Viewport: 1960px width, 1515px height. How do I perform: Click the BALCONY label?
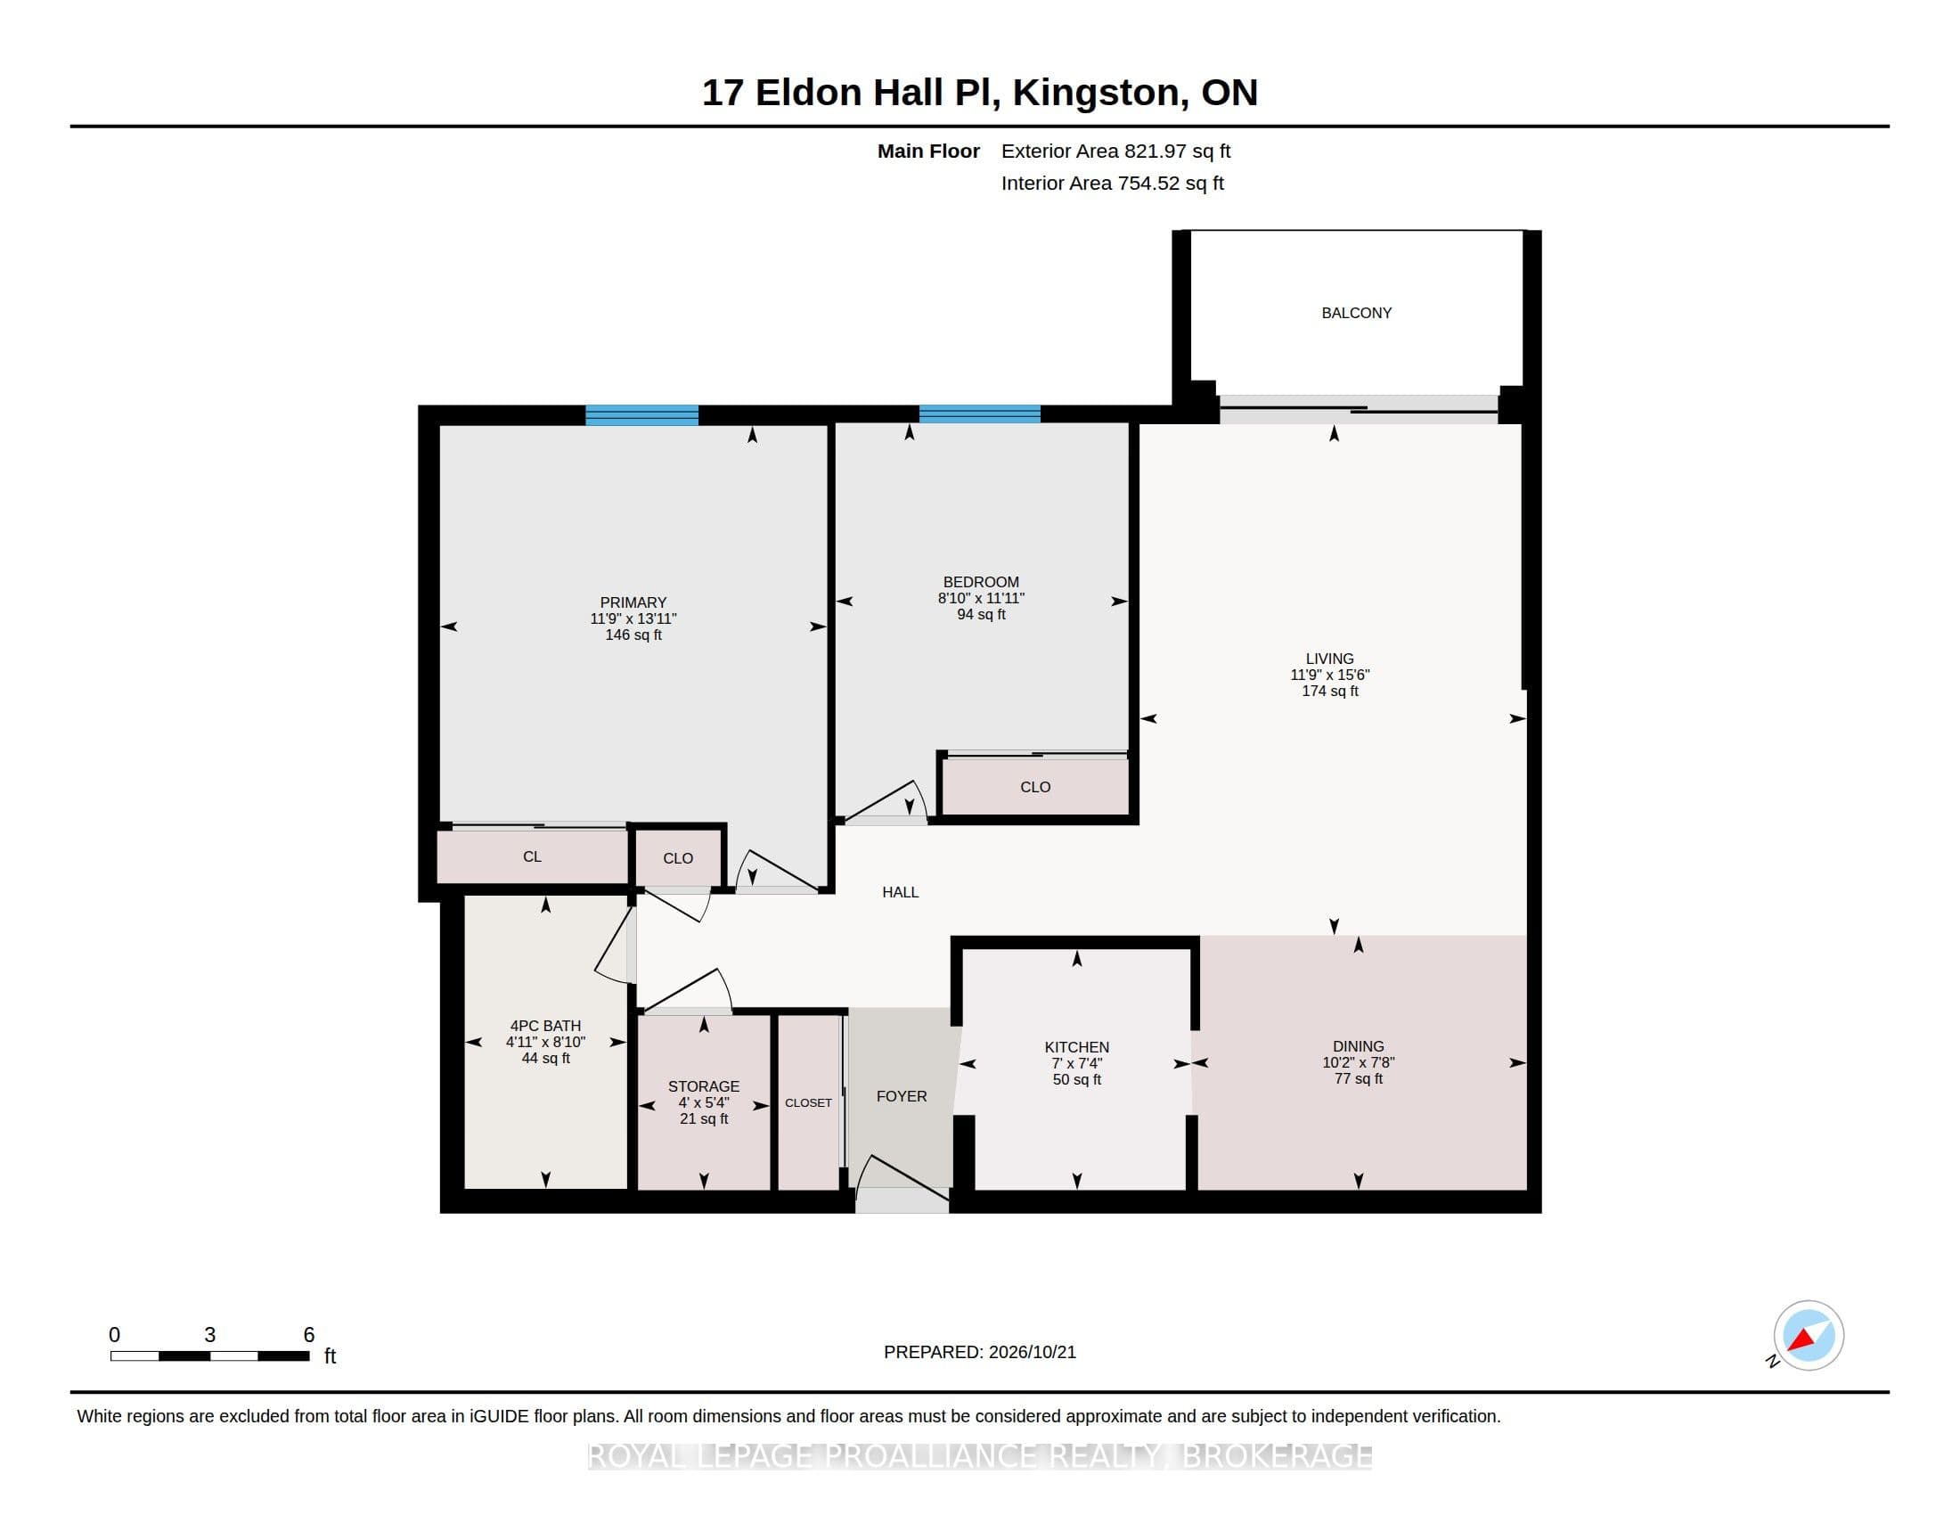[1356, 313]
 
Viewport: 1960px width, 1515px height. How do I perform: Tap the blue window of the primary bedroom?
[641, 414]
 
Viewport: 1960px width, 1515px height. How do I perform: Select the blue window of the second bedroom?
[979, 414]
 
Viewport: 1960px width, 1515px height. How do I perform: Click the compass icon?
[1808, 1336]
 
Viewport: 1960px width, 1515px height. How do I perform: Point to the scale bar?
[210, 1356]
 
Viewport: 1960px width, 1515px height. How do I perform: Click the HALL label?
[900, 892]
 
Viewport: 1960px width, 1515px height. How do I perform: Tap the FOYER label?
[902, 1096]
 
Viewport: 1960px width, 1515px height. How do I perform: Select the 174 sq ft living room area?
[1330, 691]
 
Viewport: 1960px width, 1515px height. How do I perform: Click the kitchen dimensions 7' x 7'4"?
[1077, 1063]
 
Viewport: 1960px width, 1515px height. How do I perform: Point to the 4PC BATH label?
[545, 1026]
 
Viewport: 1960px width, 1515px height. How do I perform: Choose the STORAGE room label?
[704, 1086]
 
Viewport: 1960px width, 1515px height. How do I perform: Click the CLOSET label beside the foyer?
[809, 1103]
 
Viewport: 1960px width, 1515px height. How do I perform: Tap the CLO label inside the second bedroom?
[1034, 787]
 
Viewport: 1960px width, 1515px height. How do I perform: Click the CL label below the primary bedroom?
[532, 857]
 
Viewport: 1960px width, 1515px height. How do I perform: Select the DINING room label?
[1358, 1046]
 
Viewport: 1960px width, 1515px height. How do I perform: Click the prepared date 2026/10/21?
[1031, 1353]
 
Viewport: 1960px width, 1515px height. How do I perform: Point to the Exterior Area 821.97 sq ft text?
[1115, 151]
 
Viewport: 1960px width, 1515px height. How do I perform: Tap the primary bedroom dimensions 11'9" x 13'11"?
[633, 618]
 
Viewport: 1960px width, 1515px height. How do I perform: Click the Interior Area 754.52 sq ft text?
[1112, 183]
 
